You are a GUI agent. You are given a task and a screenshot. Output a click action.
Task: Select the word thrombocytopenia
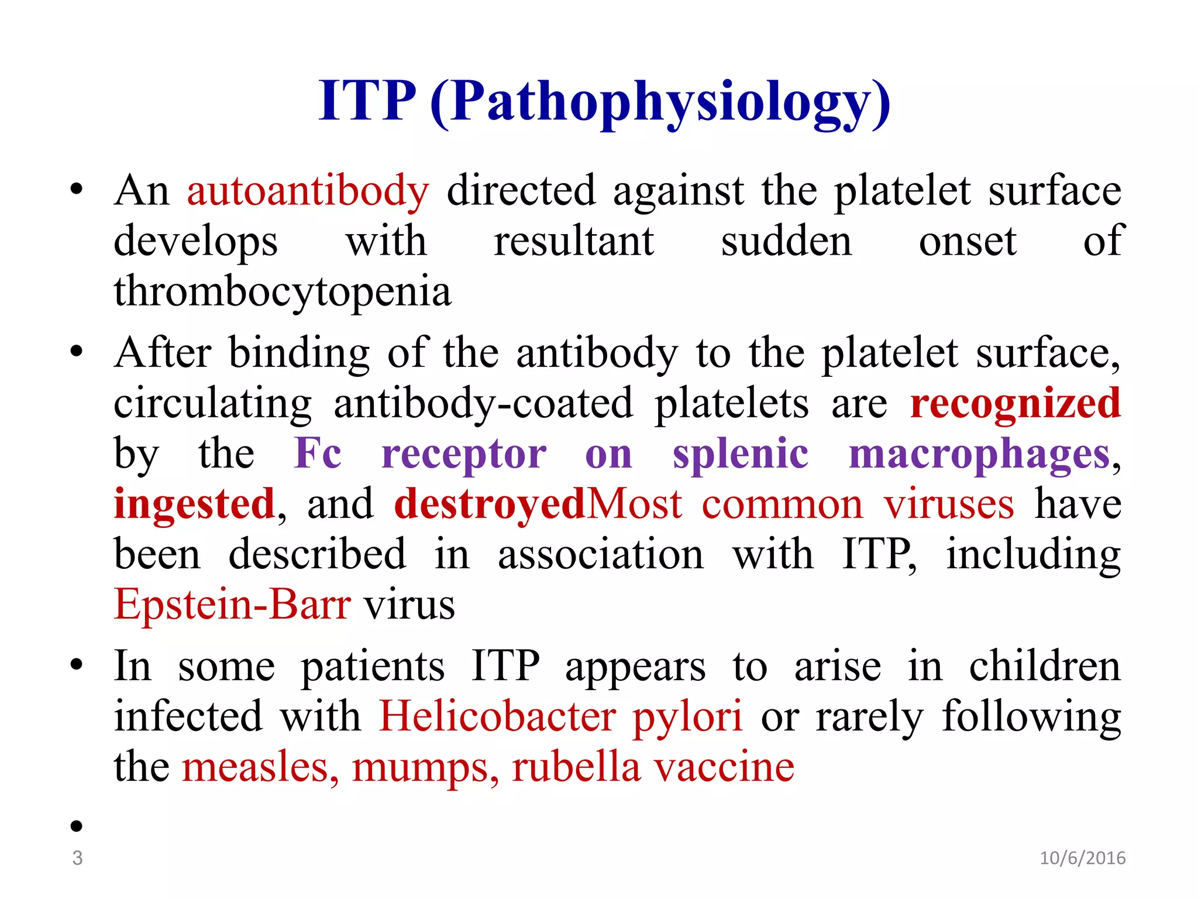click(x=283, y=291)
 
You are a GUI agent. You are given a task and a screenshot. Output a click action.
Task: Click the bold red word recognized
click(x=1015, y=404)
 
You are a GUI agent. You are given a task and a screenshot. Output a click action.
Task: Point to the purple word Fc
click(x=318, y=454)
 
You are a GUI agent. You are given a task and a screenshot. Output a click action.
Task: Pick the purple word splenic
click(x=741, y=454)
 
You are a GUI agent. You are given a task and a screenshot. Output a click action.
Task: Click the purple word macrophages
click(x=979, y=454)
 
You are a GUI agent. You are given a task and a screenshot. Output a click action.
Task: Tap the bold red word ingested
click(x=194, y=504)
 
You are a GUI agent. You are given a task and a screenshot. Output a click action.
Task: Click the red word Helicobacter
click(x=498, y=716)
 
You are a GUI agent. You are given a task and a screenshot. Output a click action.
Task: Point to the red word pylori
click(x=688, y=718)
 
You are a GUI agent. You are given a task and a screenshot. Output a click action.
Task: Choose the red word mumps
click(x=425, y=768)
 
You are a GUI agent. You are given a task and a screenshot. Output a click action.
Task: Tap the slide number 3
click(x=77, y=858)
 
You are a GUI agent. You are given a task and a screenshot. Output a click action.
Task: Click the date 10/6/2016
click(x=1082, y=858)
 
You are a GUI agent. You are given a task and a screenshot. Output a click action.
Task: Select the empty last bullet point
click(x=76, y=826)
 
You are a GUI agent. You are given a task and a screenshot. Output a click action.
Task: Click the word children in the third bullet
click(x=1045, y=667)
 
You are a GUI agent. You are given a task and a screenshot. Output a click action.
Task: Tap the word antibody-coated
click(x=483, y=404)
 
